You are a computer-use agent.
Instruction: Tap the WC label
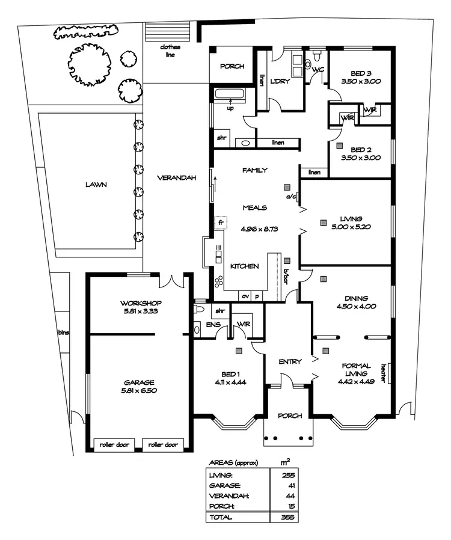pyautogui.click(x=318, y=70)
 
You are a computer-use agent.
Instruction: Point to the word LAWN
pyautogui.click(x=96, y=185)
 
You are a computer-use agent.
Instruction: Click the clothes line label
pyautogui.click(x=170, y=51)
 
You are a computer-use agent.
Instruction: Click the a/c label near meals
pyautogui.click(x=290, y=197)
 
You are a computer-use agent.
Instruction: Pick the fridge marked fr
pyautogui.click(x=221, y=222)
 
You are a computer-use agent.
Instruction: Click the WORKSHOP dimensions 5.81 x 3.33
pyautogui.click(x=140, y=311)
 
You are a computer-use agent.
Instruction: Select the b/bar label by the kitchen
pyautogui.click(x=286, y=274)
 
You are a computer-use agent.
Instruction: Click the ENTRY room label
pyautogui.click(x=289, y=362)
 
